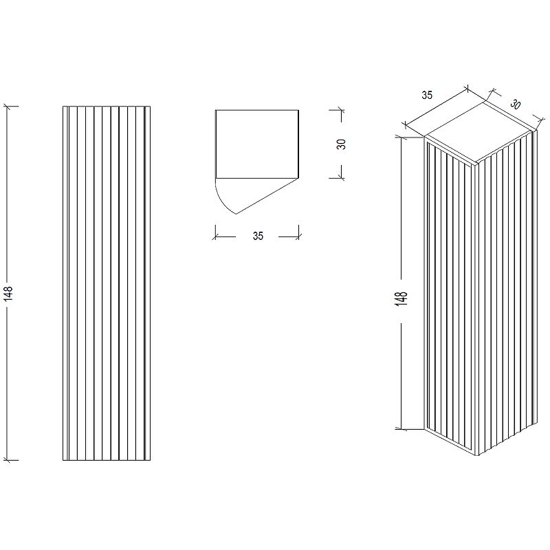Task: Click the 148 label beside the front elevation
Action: (8, 294)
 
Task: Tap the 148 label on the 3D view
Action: (401, 299)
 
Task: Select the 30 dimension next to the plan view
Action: (341, 144)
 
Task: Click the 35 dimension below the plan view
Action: (258, 236)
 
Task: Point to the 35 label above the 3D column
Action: (427, 95)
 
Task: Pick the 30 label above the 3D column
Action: (515, 104)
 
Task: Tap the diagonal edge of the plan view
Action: (267, 196)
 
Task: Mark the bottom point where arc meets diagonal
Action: (236, 214)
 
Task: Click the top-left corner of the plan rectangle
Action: (216, 110)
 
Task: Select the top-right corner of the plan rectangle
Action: (299, 110)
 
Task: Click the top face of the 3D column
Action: (478, 133)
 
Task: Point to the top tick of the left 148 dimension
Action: (8, 106)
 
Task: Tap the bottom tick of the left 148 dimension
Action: (8, 460)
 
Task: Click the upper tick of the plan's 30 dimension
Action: (340, 110)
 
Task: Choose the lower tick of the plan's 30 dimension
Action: (340, 178)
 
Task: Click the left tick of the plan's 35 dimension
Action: (215, 236)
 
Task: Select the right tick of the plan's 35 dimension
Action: (298, 236)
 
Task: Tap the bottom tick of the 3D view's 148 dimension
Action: (400, 428)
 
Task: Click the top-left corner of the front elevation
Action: (63, 107)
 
